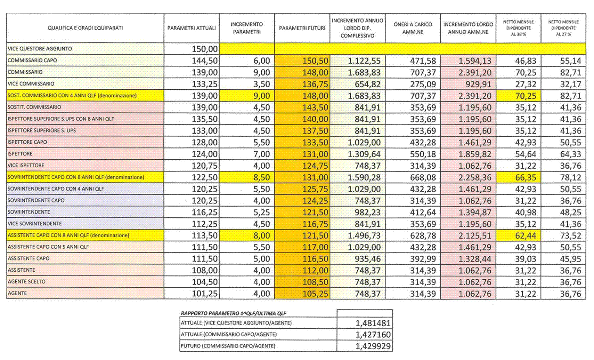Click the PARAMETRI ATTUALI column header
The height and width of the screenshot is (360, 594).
click(192, 28)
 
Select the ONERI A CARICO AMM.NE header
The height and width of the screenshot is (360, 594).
click(413, 28)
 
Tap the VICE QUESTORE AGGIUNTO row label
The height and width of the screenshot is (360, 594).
click(40, 49)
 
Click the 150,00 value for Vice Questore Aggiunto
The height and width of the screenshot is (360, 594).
click(205, 49)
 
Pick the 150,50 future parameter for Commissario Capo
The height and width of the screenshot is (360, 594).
click(315, 61)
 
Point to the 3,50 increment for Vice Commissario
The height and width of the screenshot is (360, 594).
click(261, 84)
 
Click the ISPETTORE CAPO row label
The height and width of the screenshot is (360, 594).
click(27, 142)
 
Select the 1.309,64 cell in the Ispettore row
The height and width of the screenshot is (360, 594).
click(364, 154)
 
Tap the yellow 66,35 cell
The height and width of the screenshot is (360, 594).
click(526, 177)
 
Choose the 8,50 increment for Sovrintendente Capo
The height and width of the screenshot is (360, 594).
click(261, 177)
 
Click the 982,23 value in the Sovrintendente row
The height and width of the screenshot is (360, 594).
click(367, 213)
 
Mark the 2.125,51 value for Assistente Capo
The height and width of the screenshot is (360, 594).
click(475, 235)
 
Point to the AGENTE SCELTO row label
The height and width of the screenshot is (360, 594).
click(26, 282)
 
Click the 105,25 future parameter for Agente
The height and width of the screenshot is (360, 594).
click(315, 294)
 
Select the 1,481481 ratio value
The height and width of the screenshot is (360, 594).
click(373, 323)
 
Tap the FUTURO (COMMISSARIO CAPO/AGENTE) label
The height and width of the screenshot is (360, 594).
click(228, 346)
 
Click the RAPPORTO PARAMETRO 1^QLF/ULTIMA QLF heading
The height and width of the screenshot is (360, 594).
click(233, 313)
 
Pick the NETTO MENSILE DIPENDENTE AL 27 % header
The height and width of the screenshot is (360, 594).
click(563, 28)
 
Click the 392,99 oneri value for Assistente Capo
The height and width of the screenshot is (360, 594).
click(423, 259)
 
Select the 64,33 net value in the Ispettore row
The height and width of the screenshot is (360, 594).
click(571, 154)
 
